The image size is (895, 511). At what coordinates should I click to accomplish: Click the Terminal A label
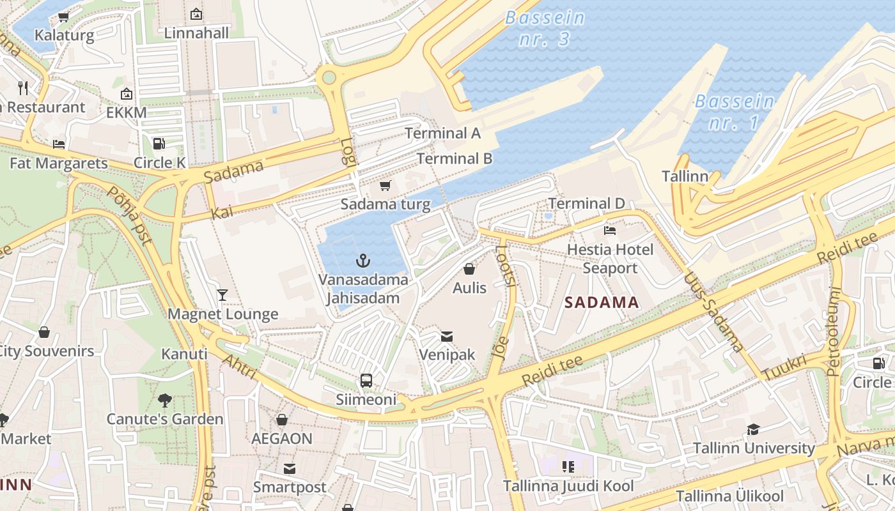[x=442, y=133]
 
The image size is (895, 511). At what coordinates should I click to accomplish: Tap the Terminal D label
[x=586, y=204]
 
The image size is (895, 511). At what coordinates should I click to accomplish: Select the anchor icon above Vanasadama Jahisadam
[x=363, y=261]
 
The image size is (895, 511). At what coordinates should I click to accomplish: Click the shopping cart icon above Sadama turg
[x=385, y=186]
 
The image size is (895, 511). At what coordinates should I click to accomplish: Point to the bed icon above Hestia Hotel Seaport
[x=610, y=231]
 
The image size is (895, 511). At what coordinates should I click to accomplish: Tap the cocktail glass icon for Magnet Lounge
[x=222, y=294]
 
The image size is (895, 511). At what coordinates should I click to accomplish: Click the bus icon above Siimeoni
[x=366, y=381]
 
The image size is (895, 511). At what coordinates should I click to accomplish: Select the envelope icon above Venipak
[x=447, y=336]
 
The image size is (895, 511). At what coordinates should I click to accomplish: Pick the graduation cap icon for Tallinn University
[x=754, y=429]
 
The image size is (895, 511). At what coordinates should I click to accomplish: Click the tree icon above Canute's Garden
[x=165, y=400]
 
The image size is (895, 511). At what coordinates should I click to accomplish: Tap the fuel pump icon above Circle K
[x=159, y=144]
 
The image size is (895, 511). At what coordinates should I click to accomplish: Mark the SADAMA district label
[x=602, y=303]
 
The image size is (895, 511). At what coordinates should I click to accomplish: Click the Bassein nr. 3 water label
[x=545, y=28]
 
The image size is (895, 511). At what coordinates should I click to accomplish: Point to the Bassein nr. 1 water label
[x=734, y=111]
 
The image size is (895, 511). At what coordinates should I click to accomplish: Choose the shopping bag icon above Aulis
[x=469, y=269]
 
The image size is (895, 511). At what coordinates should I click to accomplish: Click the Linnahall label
[x=196, y=33]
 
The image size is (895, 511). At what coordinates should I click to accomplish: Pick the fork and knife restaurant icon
[x=24, y=88]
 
